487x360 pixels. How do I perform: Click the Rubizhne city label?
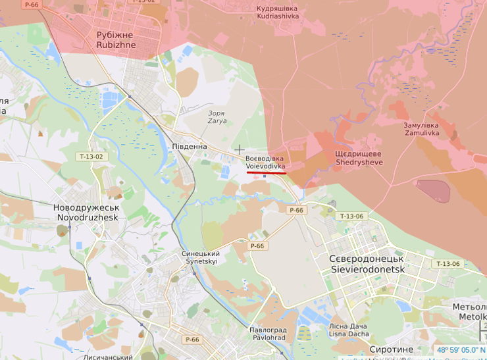(x=115, y=39)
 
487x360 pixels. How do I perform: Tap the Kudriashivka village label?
(x=276, y=12)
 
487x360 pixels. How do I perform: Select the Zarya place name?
(x=216, y=117)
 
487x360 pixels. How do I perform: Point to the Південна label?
(x=189, y=146)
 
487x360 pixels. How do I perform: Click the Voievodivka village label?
(x=265, y=163)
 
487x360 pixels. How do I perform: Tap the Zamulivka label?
(x=421, y=129)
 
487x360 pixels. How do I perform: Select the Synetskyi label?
(x=200, y=257)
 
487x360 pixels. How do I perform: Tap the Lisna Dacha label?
(x=349, y=329)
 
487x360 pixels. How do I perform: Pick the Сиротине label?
(x=392, y=349)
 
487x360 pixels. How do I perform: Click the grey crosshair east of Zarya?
(x=240, y=150)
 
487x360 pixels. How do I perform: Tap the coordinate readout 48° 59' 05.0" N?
(x=461, y=350)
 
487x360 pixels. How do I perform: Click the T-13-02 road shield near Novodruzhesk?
(x=91, y=157)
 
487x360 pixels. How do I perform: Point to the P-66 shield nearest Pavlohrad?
(x=192, y=340)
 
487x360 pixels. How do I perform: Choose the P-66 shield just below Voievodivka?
(x=296, y=210)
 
